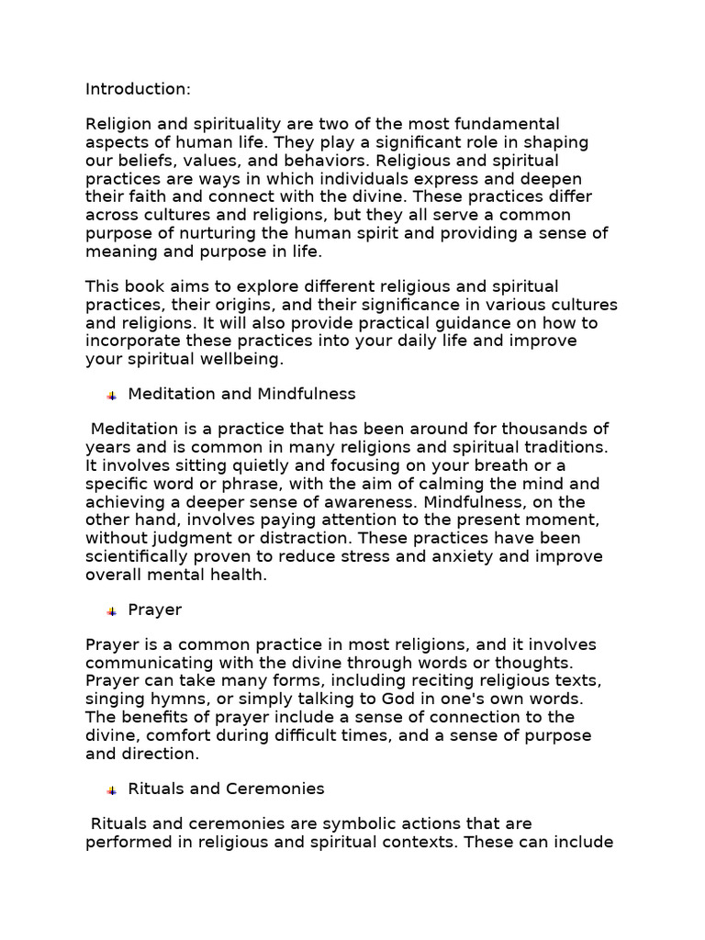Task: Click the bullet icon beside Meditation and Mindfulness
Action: coord(111,396)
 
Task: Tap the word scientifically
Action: coord(143,556)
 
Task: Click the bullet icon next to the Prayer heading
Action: coord(111,611)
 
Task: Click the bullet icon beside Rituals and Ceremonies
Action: coord(111,790)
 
